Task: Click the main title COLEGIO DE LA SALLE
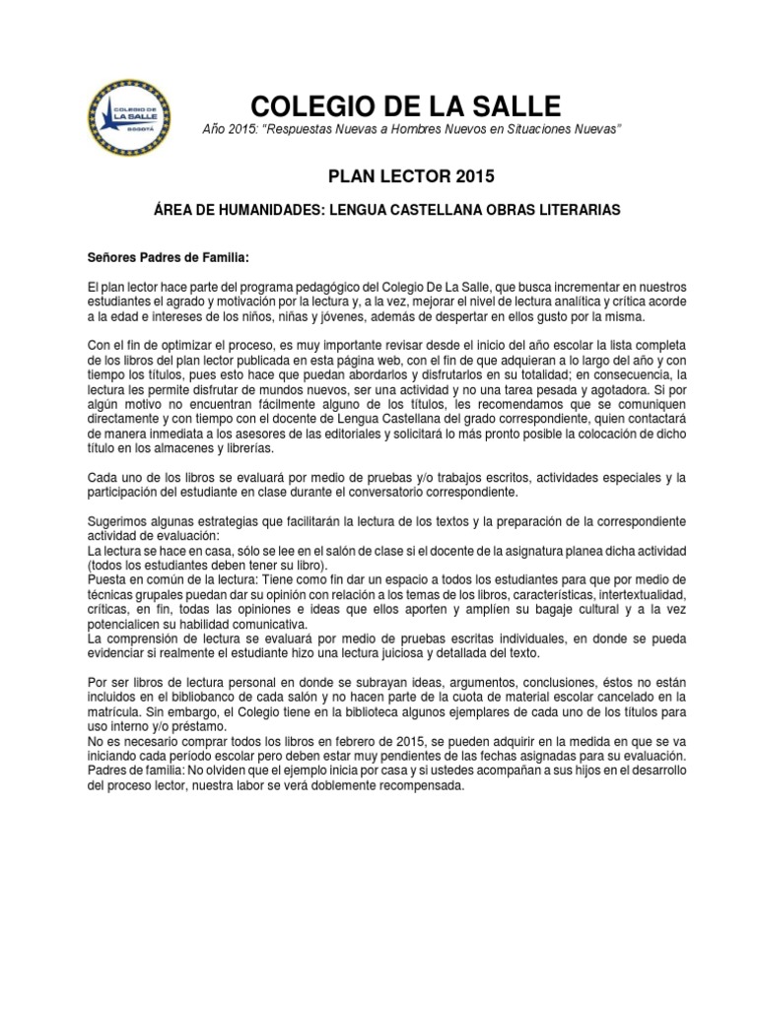[405, 106]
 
